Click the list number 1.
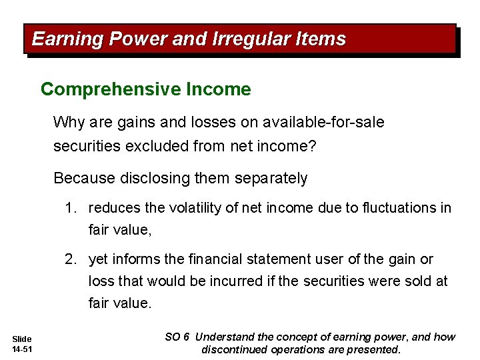coord(70,208)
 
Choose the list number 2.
coord(70,259)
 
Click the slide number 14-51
coord(21,349)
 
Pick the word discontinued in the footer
coord(235,349)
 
